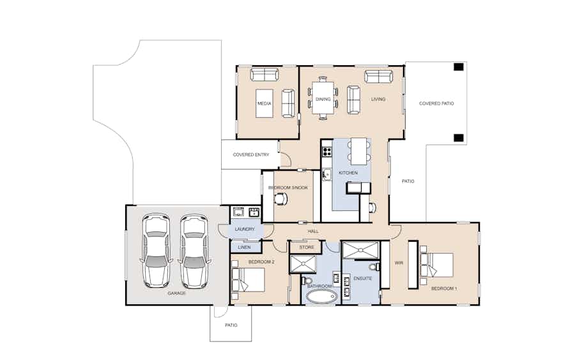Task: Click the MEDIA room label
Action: coord(264,104)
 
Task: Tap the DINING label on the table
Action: coord(323,99)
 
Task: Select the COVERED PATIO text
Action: coord(436,104)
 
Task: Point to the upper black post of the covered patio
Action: coord(459,67)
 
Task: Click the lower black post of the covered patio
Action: coord(459,138)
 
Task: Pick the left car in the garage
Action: coord(157,251)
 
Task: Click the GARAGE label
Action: coord(177,293)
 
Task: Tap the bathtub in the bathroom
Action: coord(321,297)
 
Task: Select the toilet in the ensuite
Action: coord(374,267)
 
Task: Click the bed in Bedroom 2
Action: coord(248,280)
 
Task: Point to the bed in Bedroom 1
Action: coord(436,265)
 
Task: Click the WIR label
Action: coord(399,263)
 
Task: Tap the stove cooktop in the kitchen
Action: coord(327,151)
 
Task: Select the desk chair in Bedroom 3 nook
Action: coord(280,199)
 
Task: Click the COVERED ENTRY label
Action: coord(251,155)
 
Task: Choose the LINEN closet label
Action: coord(244,247)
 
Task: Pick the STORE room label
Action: coord(307,247)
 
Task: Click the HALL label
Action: coord(313,231)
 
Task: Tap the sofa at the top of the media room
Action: coord(264,74)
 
